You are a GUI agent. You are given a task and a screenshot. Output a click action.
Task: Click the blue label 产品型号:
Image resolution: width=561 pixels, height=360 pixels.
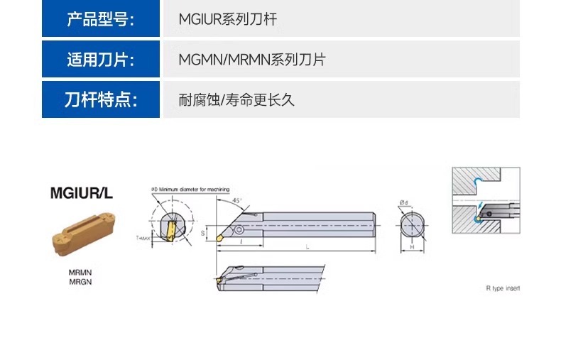click(x=100, y=19)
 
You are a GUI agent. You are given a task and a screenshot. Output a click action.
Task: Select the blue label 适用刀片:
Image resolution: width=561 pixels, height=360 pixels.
click(x=100, y=60)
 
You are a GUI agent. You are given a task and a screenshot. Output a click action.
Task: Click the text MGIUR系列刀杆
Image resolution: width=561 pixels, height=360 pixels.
click(x=227, y=19)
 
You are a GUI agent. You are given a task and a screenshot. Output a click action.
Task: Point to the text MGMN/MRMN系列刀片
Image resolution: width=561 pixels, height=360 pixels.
click(x=251, y=60)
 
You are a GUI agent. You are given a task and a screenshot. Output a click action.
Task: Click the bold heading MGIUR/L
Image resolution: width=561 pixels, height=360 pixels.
click(x=82, y=192)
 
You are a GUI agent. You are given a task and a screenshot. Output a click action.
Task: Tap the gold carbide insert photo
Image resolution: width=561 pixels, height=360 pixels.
click(x=82, y=232)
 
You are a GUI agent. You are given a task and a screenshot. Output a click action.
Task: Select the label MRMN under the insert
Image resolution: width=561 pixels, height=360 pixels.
click(x=80, y=272)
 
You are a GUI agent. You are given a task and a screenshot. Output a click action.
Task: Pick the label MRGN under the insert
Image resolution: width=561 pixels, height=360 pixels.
click(x=80, y=281)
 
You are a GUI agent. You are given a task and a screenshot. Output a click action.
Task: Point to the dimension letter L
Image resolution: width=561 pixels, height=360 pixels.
click(x=307, y=246)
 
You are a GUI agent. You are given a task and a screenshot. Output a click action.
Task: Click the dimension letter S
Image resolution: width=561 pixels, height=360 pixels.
click(x=202, y=231)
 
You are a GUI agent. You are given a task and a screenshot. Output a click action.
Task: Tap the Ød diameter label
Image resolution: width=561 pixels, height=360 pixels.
click(x=403, y=203)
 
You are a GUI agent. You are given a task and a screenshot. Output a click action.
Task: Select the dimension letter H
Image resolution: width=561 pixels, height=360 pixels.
click(x=412, y=247)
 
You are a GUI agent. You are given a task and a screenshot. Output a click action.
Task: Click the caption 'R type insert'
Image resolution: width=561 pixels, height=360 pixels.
click(x=503, y=288)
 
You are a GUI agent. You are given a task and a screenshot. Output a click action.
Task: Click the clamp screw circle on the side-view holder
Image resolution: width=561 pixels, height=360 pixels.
click(x=239, y=229)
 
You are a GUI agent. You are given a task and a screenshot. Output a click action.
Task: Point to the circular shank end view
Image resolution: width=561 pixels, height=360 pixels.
click(x=412, y=226)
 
